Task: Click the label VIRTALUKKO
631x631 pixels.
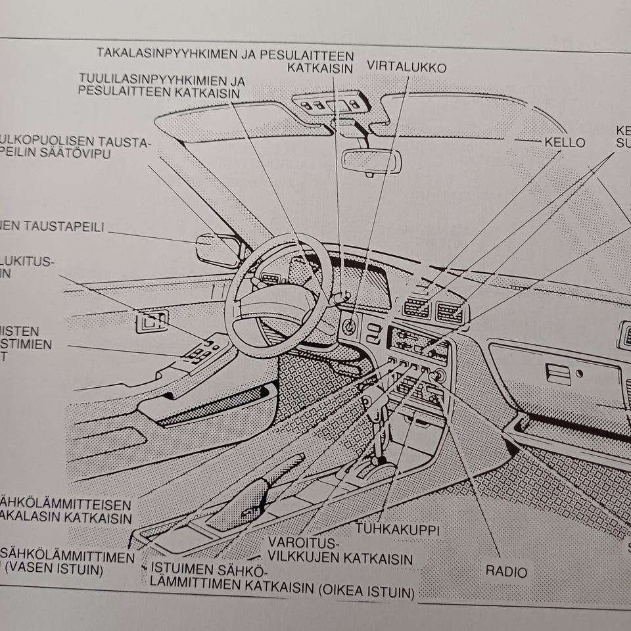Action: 406,67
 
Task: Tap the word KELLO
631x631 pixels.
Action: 565,143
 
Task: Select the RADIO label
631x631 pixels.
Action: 506,572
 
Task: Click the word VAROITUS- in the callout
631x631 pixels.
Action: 302,544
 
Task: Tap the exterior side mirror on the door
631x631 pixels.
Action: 217,250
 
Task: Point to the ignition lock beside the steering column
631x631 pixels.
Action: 350,324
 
